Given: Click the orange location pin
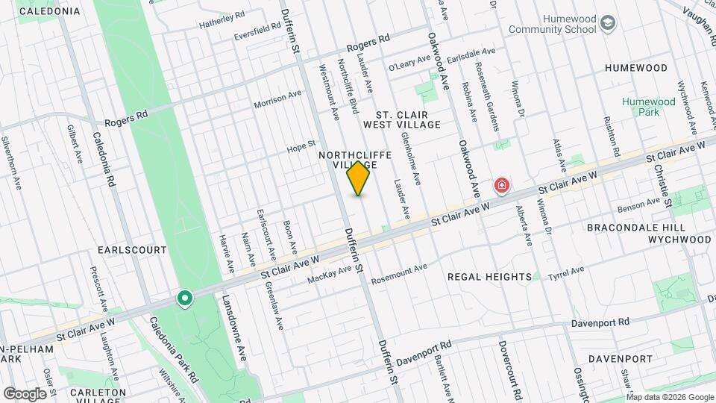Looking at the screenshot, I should [359, 178].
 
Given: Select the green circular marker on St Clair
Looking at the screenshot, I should [185, 299].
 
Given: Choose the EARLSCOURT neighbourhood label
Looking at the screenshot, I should [132, 250].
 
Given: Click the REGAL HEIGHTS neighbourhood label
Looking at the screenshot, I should [489, 277].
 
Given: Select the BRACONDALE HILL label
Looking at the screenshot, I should [630, 227].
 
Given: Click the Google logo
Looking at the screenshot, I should [25, 393].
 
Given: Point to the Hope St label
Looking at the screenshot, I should [301, 149].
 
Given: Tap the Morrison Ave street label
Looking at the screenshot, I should [277, 100].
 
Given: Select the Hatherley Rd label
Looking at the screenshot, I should [222, 21].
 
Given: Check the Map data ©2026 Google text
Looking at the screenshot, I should [670, 396].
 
